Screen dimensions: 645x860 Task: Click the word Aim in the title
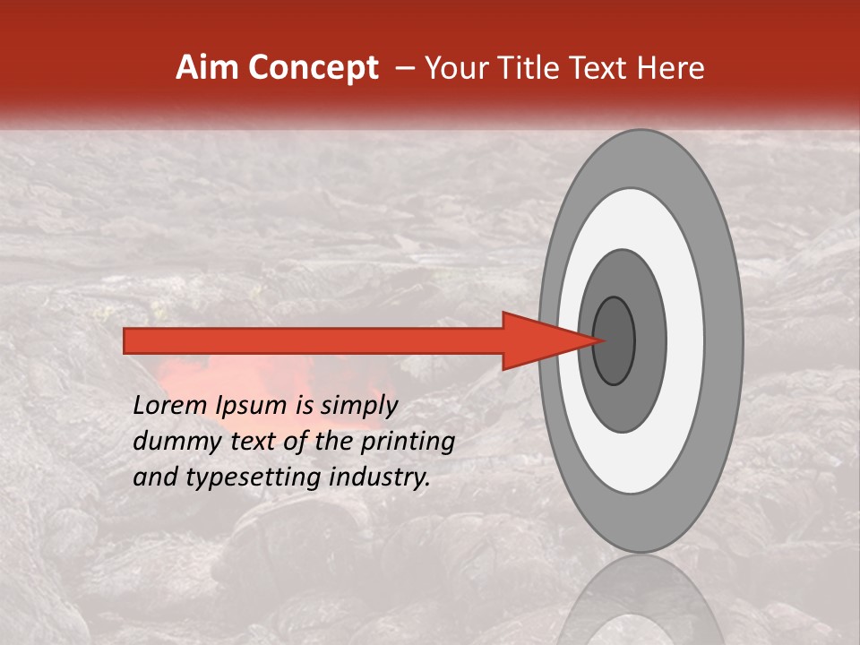(x=204, y=68)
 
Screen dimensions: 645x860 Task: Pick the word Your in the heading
(x=456, y=68)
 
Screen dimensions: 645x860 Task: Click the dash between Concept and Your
(x=404, y=68)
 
